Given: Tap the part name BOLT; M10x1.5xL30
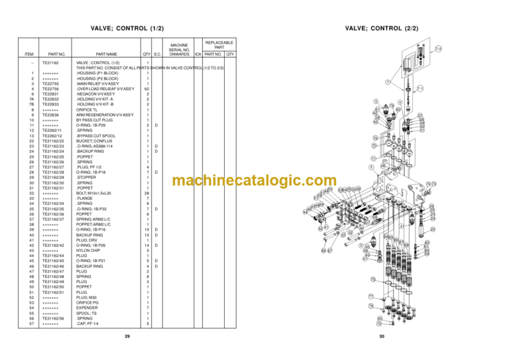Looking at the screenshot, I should tap(93, 193).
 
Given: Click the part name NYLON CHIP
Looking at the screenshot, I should tap(89, 250).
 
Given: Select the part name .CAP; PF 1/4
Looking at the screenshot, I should tap(89, 324).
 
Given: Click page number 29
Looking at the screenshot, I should tap(127, 337).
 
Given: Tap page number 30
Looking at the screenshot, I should tap(382, 337).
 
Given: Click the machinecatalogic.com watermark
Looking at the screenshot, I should tap(254, 181).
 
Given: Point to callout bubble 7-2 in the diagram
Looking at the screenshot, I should tap(439, 48).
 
